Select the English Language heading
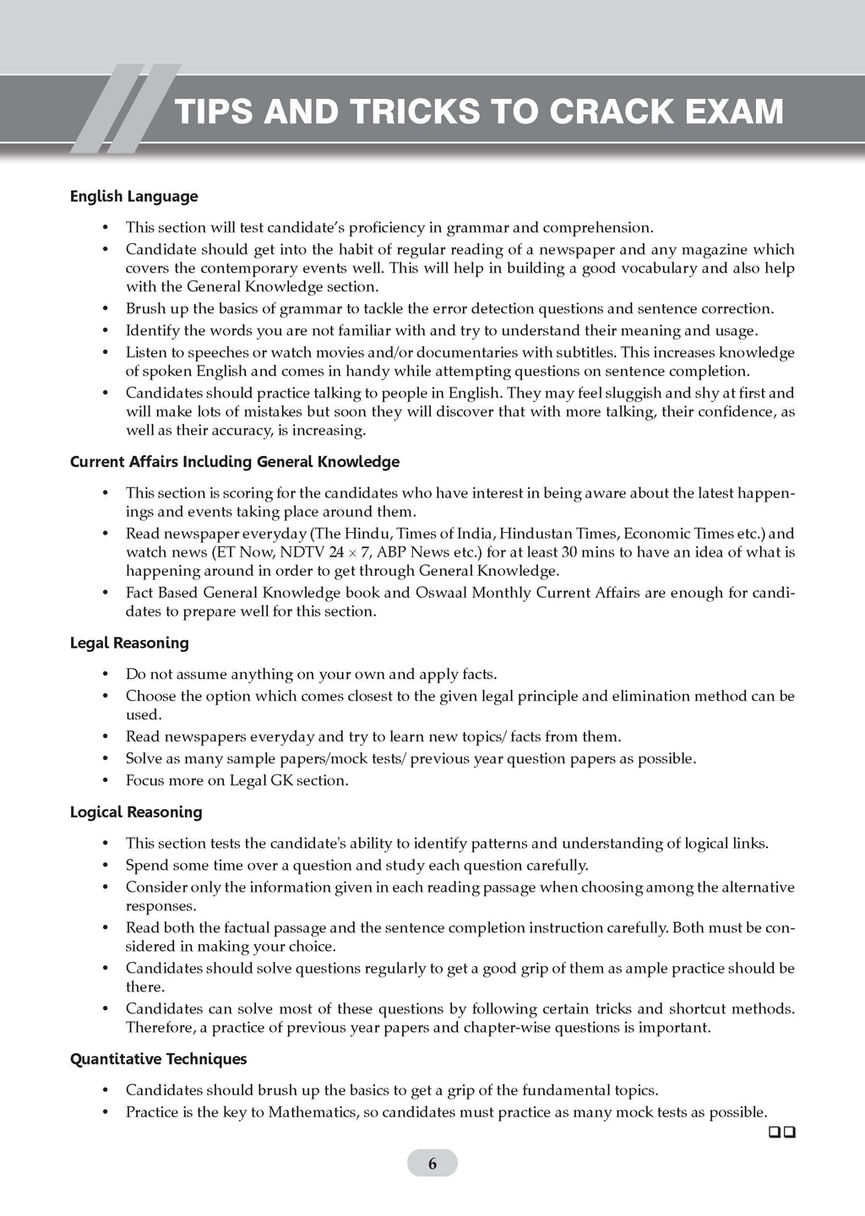(133, 196)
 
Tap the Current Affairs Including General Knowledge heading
(234, 462)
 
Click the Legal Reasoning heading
(129, 643)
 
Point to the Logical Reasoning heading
(136, 812)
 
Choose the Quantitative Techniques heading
(158, 1059)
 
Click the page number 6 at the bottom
(432, 1164)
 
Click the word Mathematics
(313, 1112)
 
